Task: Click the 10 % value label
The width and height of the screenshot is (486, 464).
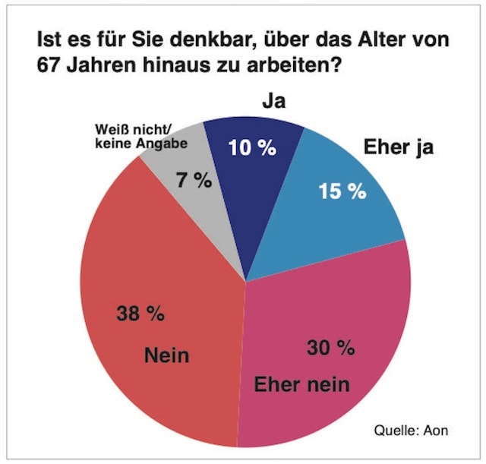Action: pyautogui.click(x=252, y=148)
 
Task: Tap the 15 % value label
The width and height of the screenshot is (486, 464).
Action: pyautogui.click(x=342, y=191)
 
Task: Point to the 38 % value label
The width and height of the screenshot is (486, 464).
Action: pyautogui.click(x=140, y=314)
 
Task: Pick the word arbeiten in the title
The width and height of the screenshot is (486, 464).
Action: pyautogui.click(x=290, y=65)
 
